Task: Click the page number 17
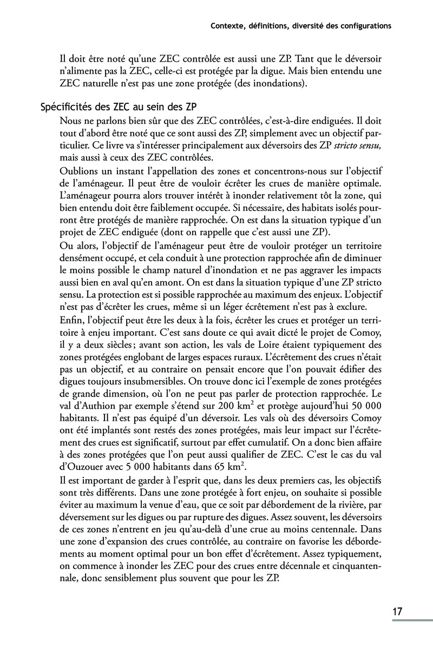397,612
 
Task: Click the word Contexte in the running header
228,25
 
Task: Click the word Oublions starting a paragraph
80,171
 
